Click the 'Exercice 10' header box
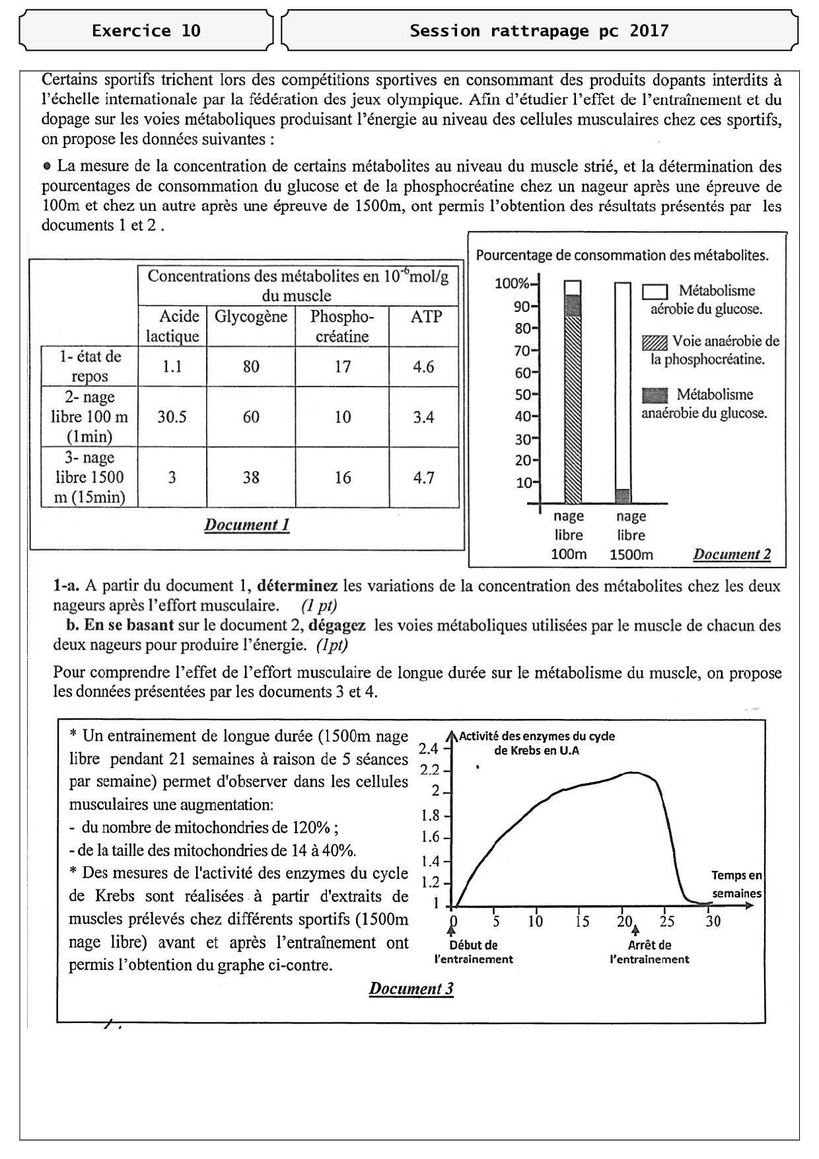click(146, 30)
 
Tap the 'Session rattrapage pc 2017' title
click(539, 30)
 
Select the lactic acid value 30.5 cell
click(172, 417)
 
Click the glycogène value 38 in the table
click(251, 478)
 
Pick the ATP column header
click(425, 317)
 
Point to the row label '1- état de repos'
click(90, 366)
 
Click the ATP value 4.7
click(423, 478)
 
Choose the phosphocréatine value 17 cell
click(342, 367)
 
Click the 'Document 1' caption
click(246, 525)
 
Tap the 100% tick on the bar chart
click(513, 284)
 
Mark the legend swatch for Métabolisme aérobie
click(655, 291)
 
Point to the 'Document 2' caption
click(731, 554)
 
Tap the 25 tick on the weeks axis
click(667, 921)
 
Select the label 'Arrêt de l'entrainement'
click(649, 952)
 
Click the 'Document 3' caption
click(411, 989)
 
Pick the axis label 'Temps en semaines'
click(736, 884)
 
